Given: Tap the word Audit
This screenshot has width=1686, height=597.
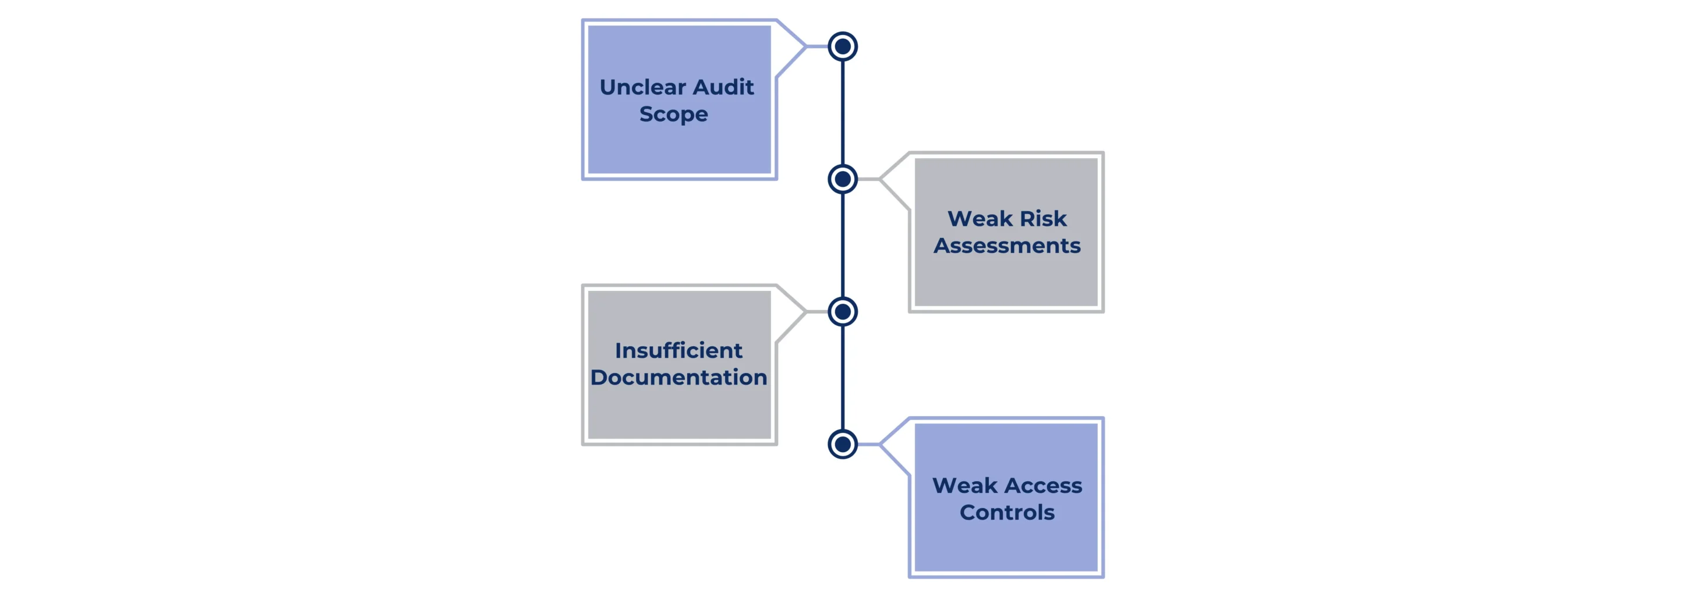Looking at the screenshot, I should pyautogui.click(x=723, y=87).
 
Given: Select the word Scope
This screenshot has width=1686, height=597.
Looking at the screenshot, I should pyautogui.click(x=673, y=115).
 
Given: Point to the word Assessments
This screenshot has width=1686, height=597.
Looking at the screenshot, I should pyautogui.click(x=1006, y=246).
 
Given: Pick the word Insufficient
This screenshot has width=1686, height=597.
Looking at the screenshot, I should pyautogui.click(x=678, y=350).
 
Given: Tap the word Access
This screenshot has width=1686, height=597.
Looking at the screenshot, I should pyautogui.click(x=1044, y=485).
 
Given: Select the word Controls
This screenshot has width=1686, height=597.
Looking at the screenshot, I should pyautogui.click(x=1006, y=513).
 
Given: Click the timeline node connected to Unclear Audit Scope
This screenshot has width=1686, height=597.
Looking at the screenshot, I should pyautogui.click(x=842, y=47).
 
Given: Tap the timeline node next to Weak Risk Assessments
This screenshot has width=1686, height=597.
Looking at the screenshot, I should pyautogui.click(x=842, y=179).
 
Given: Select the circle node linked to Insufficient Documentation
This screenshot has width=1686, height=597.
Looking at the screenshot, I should pyautogui.click(x=842, y=312).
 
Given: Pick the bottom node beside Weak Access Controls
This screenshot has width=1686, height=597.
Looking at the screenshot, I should pyautogui.click(x=842, y=445).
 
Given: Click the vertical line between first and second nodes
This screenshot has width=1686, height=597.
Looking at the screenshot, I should pyautogui.click(x=842, y=112).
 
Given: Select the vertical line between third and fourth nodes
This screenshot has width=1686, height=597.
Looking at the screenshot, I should pyautogui.click(x=842, y=378).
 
